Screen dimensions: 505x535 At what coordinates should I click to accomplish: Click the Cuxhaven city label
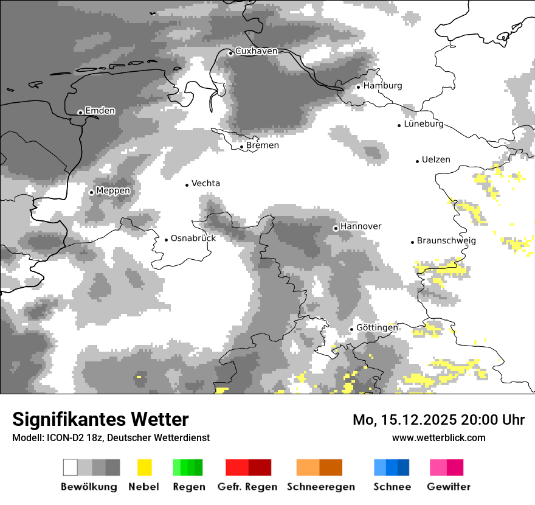(256, 51)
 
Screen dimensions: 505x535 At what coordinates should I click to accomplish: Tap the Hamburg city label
(382, 86)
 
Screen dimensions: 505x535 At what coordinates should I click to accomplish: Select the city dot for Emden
(80, 112)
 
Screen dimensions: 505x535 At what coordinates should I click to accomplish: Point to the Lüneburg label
(424, 124)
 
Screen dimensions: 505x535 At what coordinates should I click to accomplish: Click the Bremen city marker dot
(241, 146)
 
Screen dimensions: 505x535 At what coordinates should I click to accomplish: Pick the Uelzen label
(436, 159)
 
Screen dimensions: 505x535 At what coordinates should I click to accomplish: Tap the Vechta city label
(205, 183)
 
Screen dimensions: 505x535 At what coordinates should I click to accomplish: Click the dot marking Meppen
(91, 192)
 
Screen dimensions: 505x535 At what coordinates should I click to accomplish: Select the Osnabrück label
(193, 238)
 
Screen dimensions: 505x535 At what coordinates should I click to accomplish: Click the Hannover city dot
(336, 228)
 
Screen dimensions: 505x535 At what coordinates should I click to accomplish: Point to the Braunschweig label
(446, 240)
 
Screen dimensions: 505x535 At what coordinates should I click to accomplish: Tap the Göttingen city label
(377, 327)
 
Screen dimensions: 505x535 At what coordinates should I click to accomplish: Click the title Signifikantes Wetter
(100, 419)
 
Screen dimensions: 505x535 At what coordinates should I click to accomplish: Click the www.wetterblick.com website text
(438, 437)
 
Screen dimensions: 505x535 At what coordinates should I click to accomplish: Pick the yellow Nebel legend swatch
(144, 467)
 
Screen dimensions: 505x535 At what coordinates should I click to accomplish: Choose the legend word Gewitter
(448, 487)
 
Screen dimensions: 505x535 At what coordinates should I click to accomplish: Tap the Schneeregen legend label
(321, 487)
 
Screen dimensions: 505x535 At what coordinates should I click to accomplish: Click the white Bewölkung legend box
(71, 467)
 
